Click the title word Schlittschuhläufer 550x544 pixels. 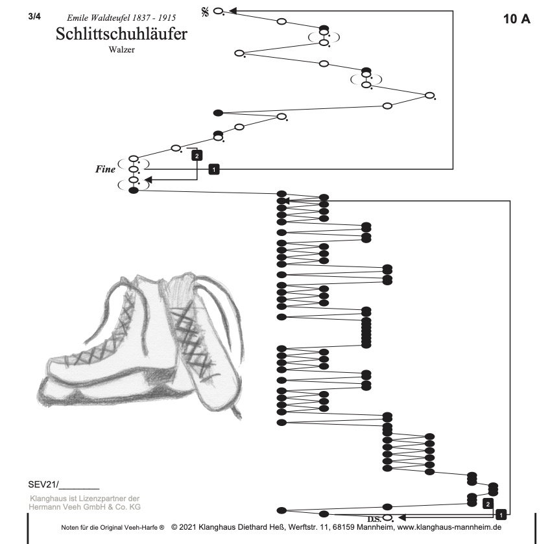click(x=121, y=34)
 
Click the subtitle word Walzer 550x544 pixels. click(x=121, y=50)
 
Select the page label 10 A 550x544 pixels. click(x=516, y=19)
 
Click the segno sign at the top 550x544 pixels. click(x=205, y=12)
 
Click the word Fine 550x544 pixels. click(x=105, y=169)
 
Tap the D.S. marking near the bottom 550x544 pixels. click(x=374, y=519)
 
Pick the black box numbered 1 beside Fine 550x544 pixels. click(x=215, y=169)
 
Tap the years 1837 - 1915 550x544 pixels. click(x=154, y=18)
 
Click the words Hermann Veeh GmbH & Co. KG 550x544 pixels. click(x=84, y=506)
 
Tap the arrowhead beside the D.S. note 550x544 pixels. click(x=401, y=517)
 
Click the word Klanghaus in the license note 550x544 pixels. click(x=46, y=498)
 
